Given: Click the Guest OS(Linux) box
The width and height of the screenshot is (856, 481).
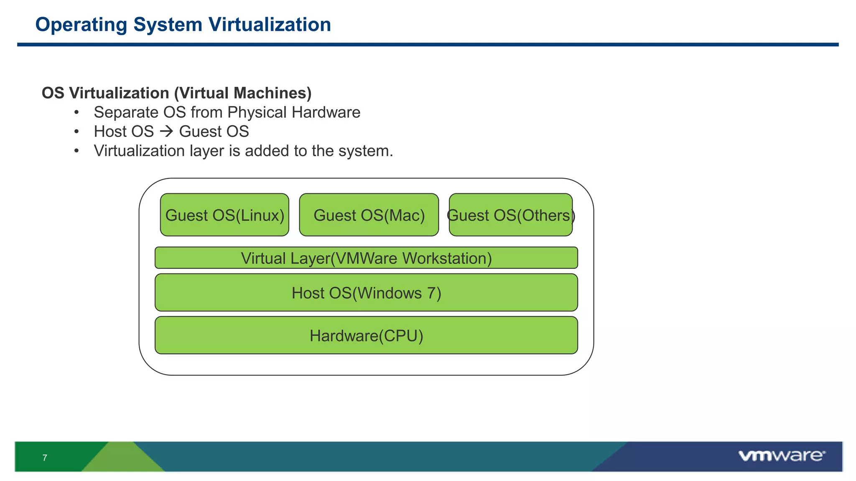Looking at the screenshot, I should pyautogui.click(x=224, y=215).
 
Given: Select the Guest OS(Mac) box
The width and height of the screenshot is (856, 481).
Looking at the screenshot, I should pyautogui.click(x=369, y=215).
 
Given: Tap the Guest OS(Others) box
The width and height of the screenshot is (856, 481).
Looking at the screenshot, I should pyautogui.click(x=510, y=215).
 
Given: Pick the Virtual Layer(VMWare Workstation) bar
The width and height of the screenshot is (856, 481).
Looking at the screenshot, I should pyautogui.click(x=366, y=258).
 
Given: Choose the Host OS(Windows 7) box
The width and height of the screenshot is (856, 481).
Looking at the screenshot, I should pyautogui.click(x=366, y=293).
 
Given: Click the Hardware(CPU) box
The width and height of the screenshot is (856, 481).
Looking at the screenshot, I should pyautogui.click(x=366, y=335).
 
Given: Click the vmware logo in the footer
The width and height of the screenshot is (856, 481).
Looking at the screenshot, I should pyautogui.click(x=782, y=456).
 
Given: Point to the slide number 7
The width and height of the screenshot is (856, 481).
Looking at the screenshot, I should pyautogui.click(x=45, y=458).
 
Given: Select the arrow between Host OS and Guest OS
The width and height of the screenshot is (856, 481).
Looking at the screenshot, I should pyautogui.click(x=166, y=132).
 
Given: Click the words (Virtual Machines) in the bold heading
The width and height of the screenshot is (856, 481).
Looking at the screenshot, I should pyautogui.click(x=243, y=93).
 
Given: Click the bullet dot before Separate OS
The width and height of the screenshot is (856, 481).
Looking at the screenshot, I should pyautogui.click(x=76, y=112).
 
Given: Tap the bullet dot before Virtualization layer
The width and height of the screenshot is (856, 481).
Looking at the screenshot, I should pyautogui.click(x=76, y=151).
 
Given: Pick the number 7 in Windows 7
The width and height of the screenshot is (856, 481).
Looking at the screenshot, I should pyautogui.click(x=432, y=293).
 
